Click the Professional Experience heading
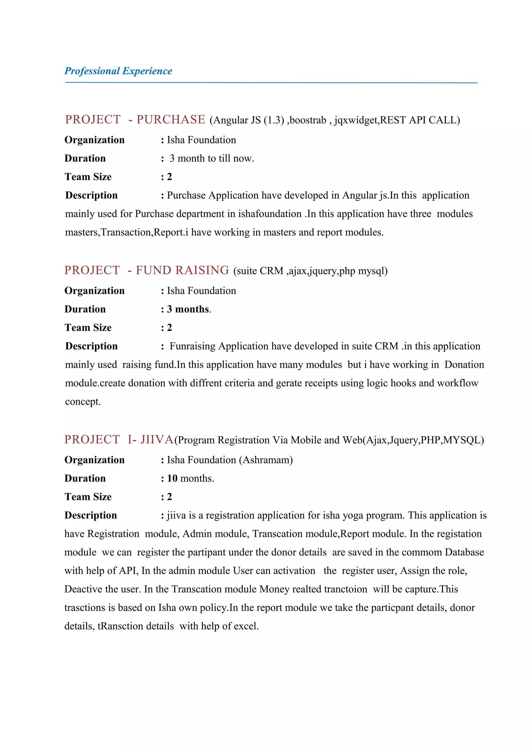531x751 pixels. pos(118,71)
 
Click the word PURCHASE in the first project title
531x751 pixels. pos(171,120)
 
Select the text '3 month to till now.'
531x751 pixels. pos(212,159)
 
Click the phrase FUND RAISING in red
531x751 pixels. pos(182,271)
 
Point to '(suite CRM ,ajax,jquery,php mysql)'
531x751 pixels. pos(310,271)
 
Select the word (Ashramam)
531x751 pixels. pos(266,460)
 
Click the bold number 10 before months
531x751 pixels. pos(172,479)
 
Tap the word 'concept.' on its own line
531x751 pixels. pos(83,402)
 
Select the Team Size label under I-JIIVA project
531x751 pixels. pos(88,497)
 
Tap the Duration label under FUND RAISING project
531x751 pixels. pos(85,309)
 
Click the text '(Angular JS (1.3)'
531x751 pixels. pos(247,120)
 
